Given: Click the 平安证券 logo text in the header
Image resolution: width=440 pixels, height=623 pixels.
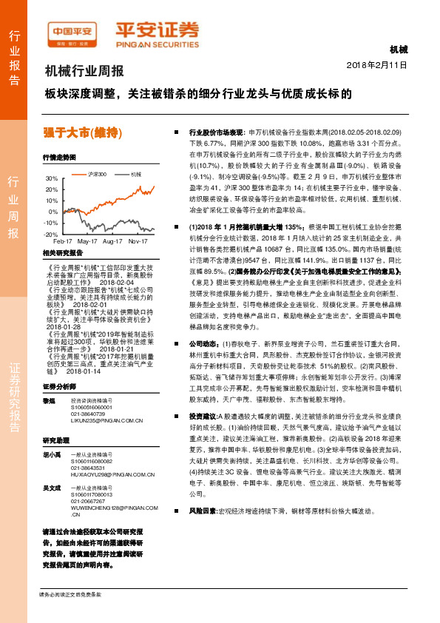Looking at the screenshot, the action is (157, 30).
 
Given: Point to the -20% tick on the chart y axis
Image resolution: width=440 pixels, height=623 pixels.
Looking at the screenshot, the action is (50, 234).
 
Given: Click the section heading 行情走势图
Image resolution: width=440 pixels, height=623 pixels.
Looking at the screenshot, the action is (60, 158).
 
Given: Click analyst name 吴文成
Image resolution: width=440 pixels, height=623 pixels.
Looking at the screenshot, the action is (51, 488).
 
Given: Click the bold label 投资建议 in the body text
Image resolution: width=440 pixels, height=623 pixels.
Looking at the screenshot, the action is (203, 437).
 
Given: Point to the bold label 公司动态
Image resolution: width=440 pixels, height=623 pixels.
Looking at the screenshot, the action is (203, 344).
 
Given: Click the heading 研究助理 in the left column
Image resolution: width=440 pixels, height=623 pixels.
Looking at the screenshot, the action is (55, 440).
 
